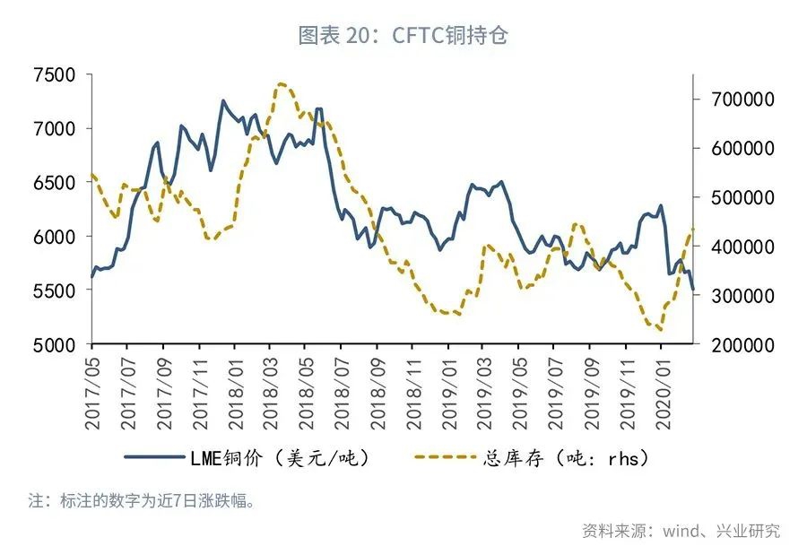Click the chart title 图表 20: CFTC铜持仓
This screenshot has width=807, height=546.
coord(403,35)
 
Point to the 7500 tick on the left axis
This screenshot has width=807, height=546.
coord(56,74)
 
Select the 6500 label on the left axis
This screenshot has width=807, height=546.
coord(56,183)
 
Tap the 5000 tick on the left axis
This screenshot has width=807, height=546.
coord(56,345)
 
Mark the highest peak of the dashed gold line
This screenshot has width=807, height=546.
coord(281,84)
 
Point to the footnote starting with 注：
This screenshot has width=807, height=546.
coord(143,500)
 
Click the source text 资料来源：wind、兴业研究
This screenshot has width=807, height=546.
coord(681,530)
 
